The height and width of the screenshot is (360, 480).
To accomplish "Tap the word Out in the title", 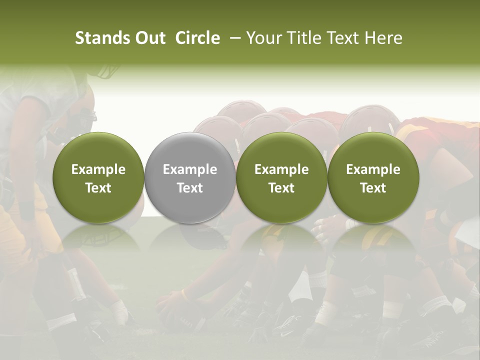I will [x=149, y=38].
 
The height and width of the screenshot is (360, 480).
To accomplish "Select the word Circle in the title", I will [x=197, y=38].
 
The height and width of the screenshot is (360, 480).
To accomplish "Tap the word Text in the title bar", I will [x=339, y=38].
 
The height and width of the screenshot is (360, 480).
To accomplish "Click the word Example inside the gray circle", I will [x=190, y=169].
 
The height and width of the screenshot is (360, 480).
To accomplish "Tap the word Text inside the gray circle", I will [x=190, y=188].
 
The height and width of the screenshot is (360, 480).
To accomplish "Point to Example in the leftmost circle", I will [x=98, y=169].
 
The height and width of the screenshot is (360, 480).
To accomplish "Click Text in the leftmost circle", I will [x=98, y=188].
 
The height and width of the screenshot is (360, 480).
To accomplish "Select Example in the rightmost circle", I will [x=373, y=169].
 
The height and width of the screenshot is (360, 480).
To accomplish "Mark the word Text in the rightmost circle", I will [x=373, y=188].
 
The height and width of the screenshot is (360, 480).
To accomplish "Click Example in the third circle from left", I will [x=281, y=169].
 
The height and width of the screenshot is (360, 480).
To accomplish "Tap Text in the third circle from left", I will [x=281, y=188].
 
